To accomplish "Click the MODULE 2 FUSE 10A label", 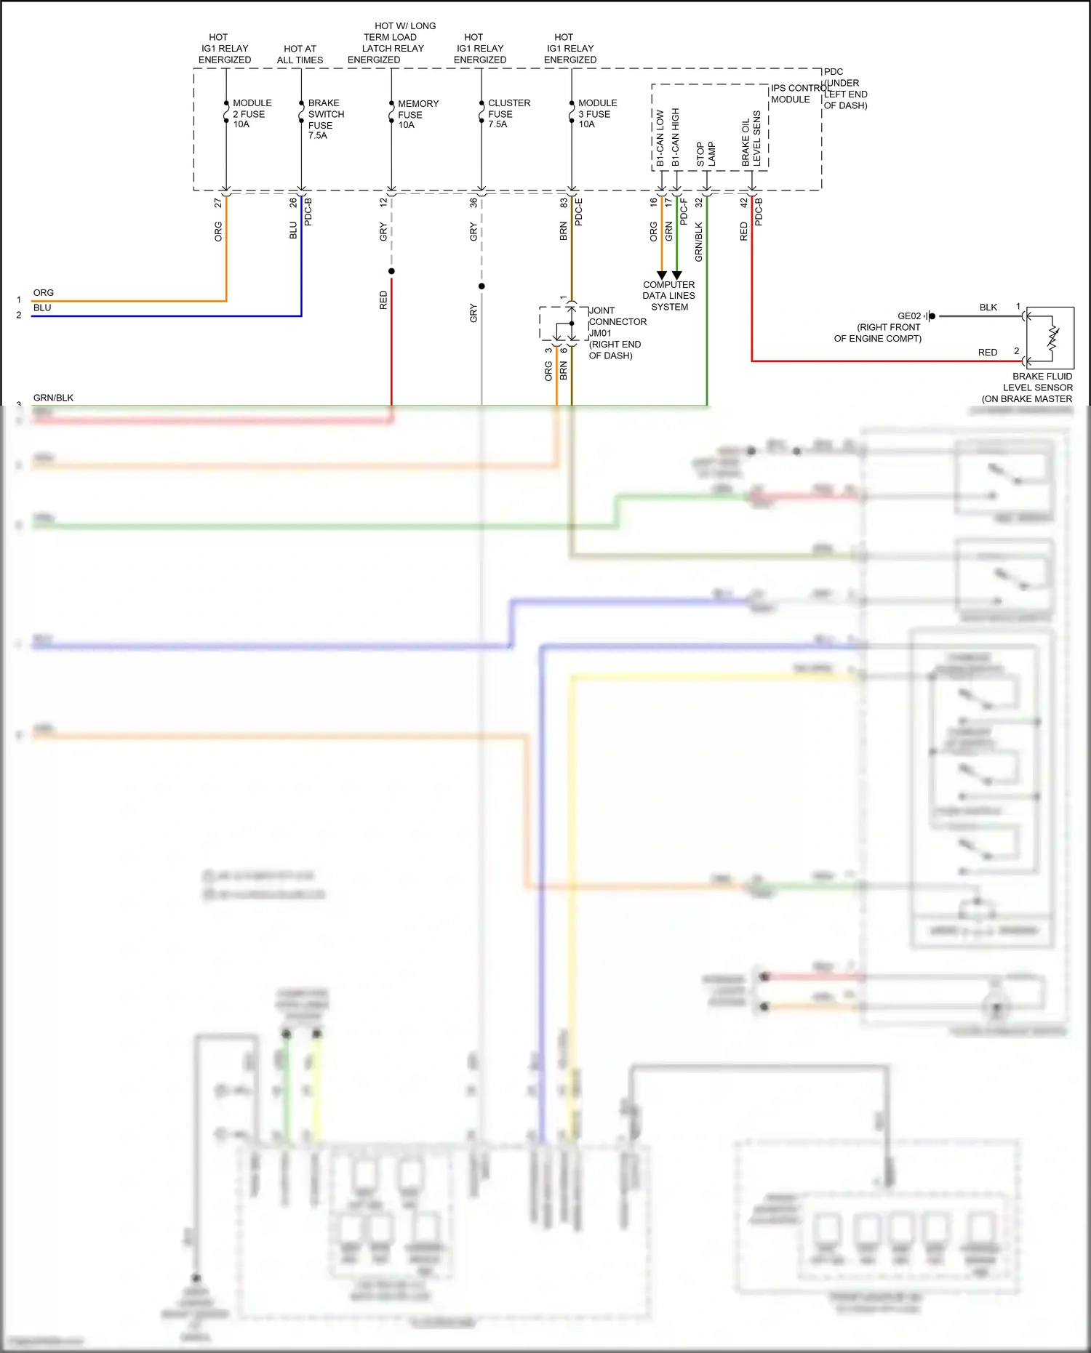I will [251, 113].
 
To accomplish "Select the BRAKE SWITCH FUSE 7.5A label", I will [325, 119].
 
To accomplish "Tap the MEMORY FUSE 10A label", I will [417, 114].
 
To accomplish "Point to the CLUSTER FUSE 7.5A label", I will [508, 113].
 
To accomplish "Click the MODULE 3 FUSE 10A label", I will [596, 113].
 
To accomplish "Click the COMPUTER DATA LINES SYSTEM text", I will [668, 296].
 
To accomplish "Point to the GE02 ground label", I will [908, 316].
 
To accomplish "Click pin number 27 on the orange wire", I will [218, 204].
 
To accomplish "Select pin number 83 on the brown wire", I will [563, 204].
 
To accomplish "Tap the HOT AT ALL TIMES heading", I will [300, 55].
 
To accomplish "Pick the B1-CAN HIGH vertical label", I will [675, 137].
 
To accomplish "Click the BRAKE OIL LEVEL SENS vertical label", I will [751, 139].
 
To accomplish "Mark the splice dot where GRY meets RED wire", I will [391, 271].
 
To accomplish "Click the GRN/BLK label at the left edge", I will [53, 398].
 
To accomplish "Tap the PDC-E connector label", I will [579, 212].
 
